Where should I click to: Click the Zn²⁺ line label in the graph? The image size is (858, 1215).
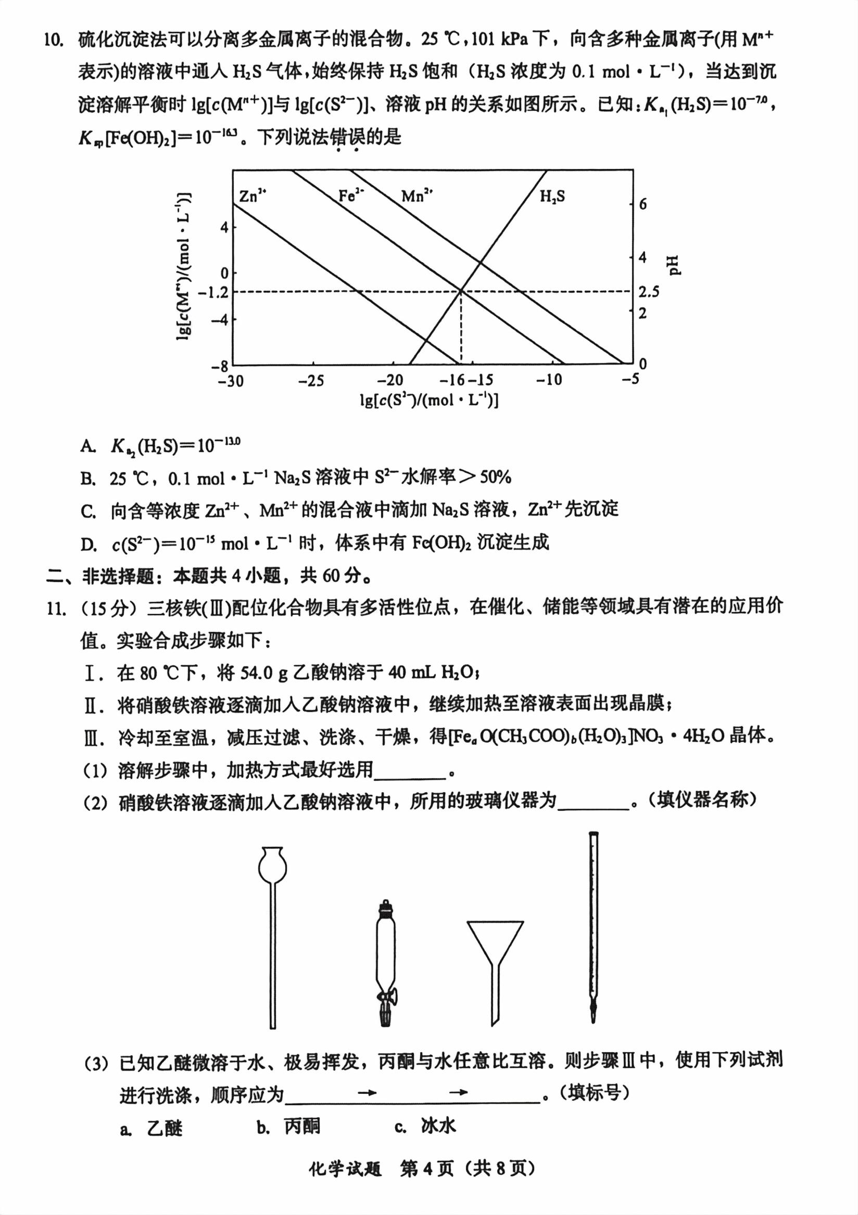pyautogui.click(x=252, y=196)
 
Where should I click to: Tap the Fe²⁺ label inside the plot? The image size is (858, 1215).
pyautogui.click(x=351, y=196)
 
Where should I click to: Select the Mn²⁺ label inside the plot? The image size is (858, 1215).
pyautogui.click(x=417, y=196)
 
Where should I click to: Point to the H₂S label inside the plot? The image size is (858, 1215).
pyautogui.click(x=552, y=197)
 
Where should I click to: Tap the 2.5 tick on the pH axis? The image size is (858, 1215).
pyautogui.click(x=648, y=292)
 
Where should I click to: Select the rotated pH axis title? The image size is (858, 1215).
pyautogui.click(x=674, y=265)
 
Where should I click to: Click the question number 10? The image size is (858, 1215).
pyautogui.click(x=54, y=40)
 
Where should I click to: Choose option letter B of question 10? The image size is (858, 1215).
pyautogui.click(x=88, y=479)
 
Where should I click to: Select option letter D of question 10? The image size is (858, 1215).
pyautogui.click(x=88, y=544)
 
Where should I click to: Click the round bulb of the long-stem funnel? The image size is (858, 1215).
pyautogui.click(x=272, y=867)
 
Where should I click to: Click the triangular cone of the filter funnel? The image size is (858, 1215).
pyautogui.click(x=495, y=942)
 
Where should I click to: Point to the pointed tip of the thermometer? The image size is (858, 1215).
pyautogui.click(x=593, y=1016)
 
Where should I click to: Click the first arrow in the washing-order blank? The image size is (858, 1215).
pyautogui.click(x=367, y=1092)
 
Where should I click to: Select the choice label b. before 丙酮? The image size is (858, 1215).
pyautogui.click(x=263, y=1128)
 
